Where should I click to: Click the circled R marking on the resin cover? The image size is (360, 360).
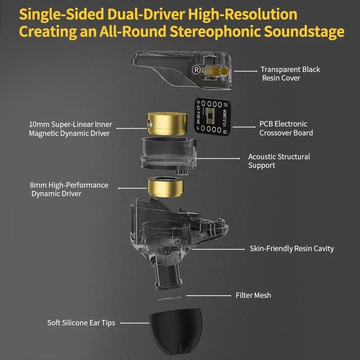(196, 70)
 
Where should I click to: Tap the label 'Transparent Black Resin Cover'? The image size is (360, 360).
(290, 74)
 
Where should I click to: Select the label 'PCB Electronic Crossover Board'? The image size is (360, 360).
(286, 128)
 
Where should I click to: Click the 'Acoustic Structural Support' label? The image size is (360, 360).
(279, 161)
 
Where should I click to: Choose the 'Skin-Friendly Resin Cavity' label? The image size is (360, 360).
(292, 248)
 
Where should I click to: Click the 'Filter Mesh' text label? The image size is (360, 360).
(253, 296)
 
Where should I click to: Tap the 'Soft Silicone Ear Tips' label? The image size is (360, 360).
(81, 323)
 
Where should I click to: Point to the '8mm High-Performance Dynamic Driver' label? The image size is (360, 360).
(69, 189)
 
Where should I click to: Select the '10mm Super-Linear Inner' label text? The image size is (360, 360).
(71, 124)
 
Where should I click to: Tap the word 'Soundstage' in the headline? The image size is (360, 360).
(305, 31)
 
